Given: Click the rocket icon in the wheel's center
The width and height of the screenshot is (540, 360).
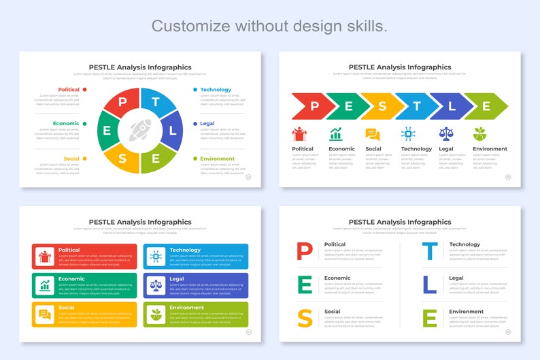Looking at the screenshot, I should point(140,130).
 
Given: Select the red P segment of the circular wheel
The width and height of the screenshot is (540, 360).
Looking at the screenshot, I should point(122,103).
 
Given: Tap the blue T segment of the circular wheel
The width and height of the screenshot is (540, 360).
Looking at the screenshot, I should point(156,102).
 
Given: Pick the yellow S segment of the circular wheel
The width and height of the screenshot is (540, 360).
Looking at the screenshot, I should point(122,159).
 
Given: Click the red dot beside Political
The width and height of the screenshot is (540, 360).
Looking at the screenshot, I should point(84,90).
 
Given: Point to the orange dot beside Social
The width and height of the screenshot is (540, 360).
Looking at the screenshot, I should point(84,159).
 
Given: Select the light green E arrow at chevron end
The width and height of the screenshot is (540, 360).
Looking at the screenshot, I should point(487,106).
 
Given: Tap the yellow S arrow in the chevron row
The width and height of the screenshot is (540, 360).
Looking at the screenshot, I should point(382,106).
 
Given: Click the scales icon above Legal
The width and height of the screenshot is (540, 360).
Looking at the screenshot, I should point(446,133).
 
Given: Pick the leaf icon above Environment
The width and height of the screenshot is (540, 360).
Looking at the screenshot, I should point(480,133).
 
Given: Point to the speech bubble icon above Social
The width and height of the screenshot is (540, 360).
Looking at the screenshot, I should point(373,134).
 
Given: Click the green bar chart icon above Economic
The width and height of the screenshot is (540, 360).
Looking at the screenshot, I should point(336,134).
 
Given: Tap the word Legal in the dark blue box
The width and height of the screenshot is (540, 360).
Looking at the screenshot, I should point(177,278).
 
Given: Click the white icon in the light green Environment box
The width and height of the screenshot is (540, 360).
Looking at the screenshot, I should point(156,314).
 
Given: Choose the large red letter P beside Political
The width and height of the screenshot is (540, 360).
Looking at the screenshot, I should point(305,251).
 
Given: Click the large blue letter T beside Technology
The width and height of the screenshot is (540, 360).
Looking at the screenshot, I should point(430,251).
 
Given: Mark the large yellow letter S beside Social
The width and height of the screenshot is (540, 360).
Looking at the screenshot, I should point(305,318).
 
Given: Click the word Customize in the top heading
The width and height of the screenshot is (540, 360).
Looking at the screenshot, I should point(190,26).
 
